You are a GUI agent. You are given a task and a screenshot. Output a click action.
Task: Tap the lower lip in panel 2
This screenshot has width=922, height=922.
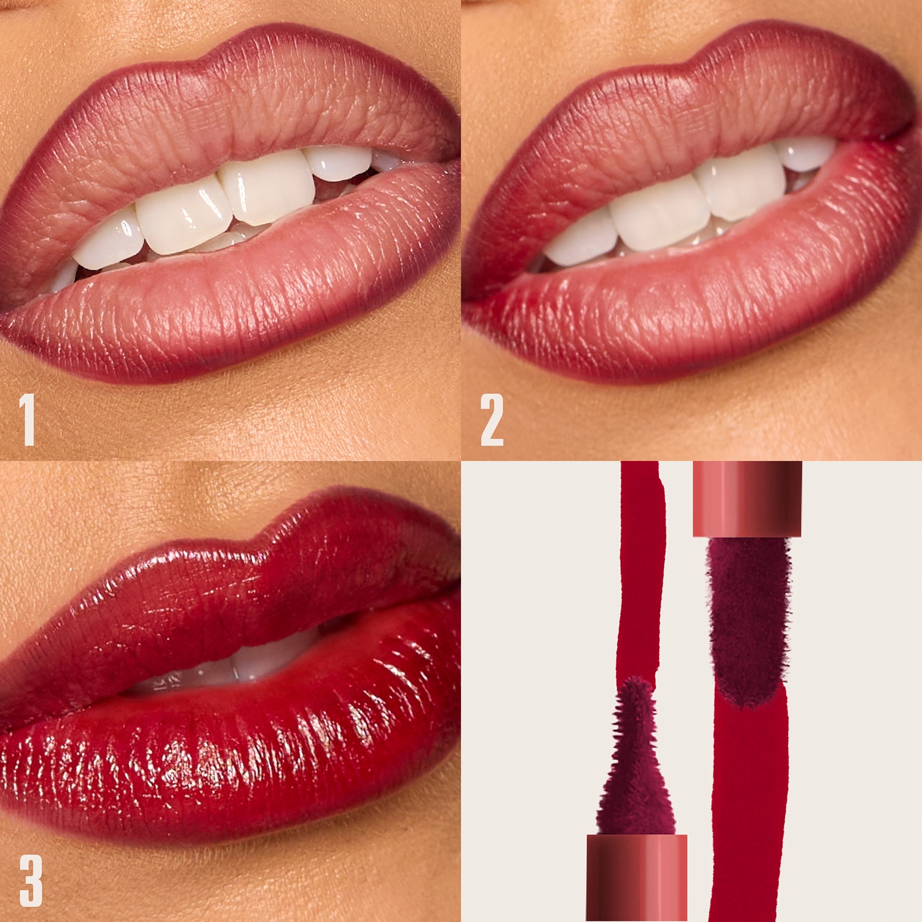[x=707, y=307]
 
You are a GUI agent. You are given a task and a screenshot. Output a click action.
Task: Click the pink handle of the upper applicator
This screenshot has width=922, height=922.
[x=747, y=498]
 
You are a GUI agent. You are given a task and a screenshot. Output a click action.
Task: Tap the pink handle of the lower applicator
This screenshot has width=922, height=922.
[x=636, y=876]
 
